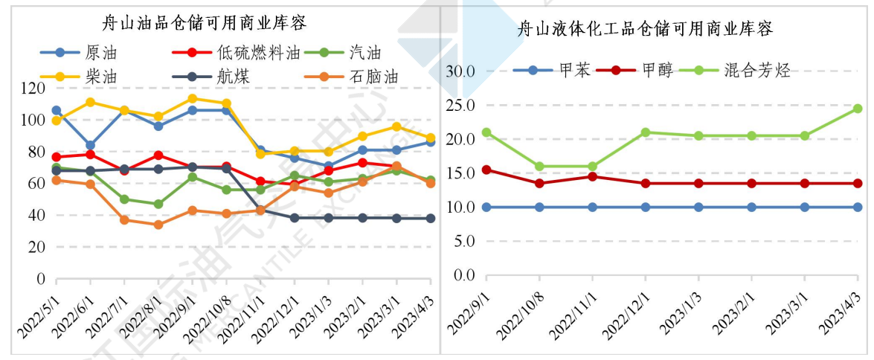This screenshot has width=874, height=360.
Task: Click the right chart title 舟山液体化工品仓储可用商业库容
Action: click(x=646, y=30)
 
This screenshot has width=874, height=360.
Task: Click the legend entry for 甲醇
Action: click(x=657, y=71)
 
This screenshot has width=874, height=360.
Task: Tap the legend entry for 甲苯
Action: click(x=574, y=71)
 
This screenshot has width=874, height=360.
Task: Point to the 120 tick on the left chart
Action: click(x=33, y=88)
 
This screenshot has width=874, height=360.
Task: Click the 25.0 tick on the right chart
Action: click(x=460, y=106)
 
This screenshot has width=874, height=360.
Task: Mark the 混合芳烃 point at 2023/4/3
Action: click(x=857, y=109)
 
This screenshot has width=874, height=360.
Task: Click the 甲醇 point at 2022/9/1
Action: click(x=486, y=170)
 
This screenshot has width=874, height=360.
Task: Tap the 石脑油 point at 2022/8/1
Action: click(x=158, y=225)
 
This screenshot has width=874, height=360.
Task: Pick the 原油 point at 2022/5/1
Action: click(x=56, y=110)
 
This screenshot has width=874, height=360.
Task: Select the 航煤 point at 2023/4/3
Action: click(x=430, y=218)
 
